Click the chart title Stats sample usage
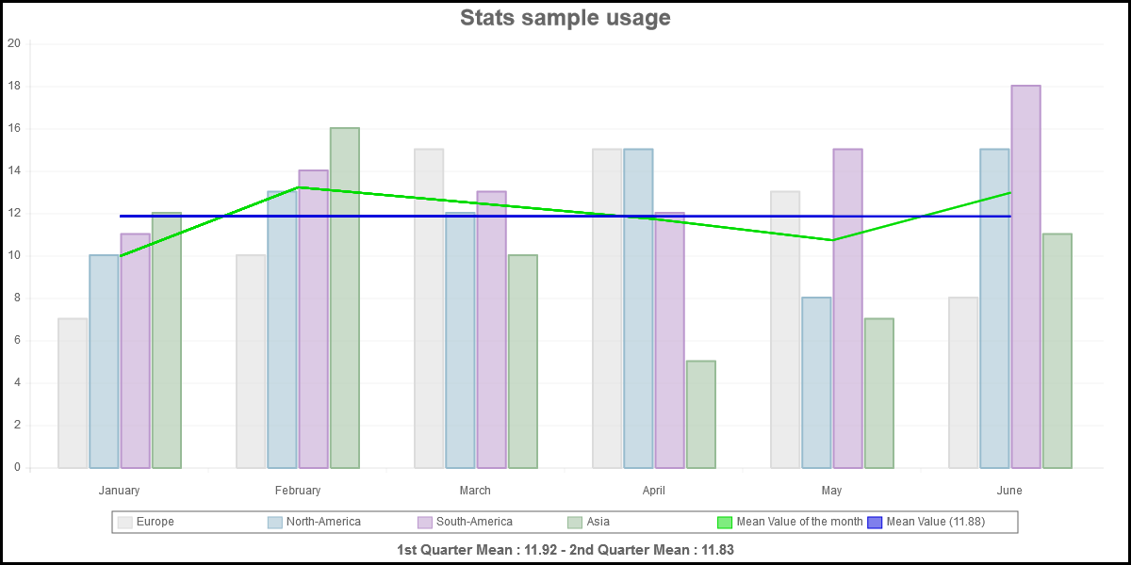pos(565,18)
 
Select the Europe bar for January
pos(73,393)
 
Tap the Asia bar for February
pos(344,298)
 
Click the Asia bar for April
pos(700,414)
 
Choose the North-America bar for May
pos(816,382)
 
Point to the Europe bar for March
pos(429,308)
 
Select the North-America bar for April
pos(638,308)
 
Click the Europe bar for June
pos(963,382)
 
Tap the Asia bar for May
pos(878,393)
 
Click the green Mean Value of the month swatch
pos(726,522)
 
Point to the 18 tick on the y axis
pos(14,86)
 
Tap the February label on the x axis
pos(298,491)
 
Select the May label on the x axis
pos(831,491)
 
